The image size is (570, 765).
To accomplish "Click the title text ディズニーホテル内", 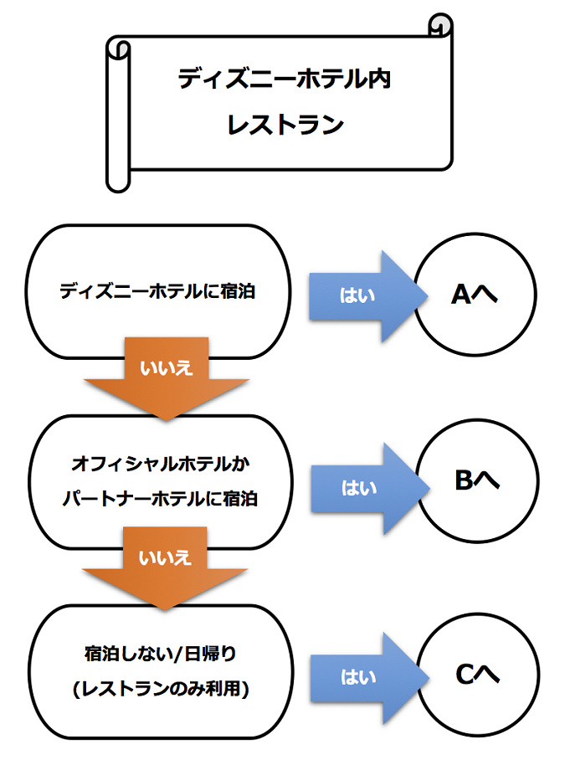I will point(285,80).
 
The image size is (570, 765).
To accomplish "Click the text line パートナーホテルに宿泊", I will point(162,499).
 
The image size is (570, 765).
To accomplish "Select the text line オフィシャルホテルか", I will point(162,462).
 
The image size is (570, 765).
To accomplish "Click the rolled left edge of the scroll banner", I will point(119,113).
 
